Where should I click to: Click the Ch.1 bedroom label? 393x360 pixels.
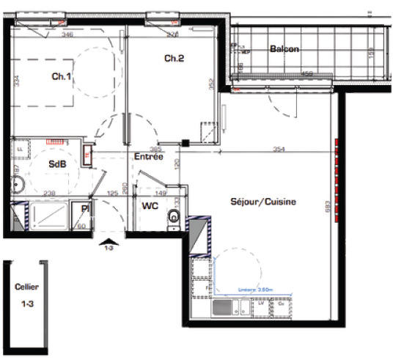click(60, 76)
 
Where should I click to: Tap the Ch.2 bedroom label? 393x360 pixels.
click(173, 58)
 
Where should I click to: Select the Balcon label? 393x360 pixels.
click(284, 49)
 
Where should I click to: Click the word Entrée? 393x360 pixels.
click(148, 157)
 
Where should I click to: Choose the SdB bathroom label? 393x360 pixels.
click(58, 164)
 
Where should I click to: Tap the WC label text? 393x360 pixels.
click(150, 206)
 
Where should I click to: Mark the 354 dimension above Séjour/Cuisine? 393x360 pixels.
click(278, 149)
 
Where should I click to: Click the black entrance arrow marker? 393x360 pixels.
click(109, 241)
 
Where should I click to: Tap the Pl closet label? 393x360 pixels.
click(85, 209)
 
